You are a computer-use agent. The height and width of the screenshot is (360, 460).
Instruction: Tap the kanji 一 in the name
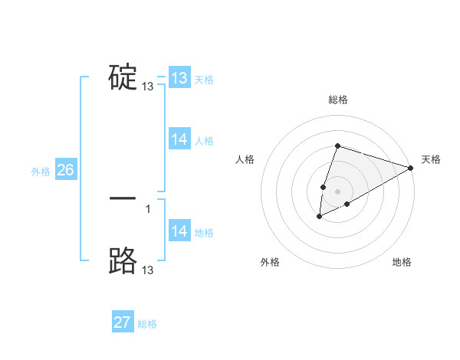point(123,198)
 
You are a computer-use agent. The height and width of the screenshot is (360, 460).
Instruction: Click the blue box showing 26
point(65,170)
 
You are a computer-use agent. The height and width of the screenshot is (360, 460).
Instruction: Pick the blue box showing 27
point(123,322)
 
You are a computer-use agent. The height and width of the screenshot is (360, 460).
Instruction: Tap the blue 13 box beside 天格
point(179,78)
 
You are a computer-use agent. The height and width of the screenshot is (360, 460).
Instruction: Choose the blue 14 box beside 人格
point(179,139)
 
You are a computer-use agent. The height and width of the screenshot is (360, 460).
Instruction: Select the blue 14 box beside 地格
point(179,231)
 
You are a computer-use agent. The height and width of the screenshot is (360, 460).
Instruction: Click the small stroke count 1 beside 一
point(148,208)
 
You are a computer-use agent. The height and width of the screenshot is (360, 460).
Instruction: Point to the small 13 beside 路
point(148,270)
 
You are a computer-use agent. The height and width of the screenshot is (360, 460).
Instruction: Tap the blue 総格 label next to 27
point(147,324)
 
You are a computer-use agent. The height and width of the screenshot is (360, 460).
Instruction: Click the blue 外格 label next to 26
point(41,172)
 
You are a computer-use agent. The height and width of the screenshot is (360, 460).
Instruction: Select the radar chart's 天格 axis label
point(431,159)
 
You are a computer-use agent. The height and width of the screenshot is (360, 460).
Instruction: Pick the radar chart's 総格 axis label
point(338,100)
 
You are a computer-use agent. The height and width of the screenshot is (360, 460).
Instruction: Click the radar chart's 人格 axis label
point(245,159)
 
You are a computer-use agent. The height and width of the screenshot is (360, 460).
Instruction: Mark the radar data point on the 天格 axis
point(411,168)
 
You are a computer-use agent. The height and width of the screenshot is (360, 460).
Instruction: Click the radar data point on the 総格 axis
point(337,146)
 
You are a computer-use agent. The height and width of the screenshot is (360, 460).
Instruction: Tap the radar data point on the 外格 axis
point(320,217)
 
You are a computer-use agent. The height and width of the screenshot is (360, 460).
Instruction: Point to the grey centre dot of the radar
point(338,191)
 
